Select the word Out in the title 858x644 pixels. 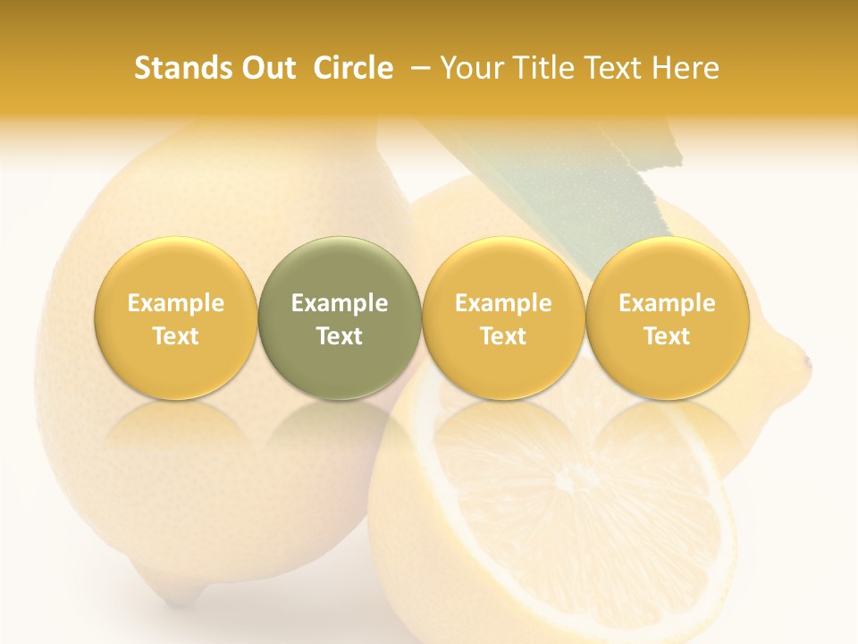point(265,68)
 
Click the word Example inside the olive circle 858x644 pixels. point(340,303)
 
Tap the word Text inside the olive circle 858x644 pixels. point(340,336)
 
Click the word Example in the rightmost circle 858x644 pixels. point(668,303)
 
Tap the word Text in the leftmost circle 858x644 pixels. point(176,336)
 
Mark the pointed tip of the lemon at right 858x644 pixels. point(806,362)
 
